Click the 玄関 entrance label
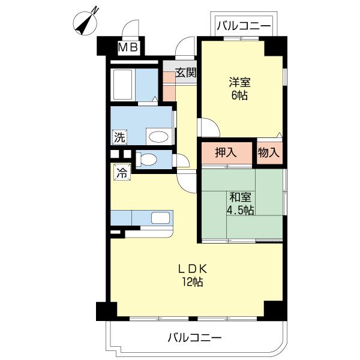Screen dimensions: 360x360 tap(186, 73)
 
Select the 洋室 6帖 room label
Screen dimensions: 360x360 tap(239, 88)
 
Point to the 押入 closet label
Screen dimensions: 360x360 tap(226, 153)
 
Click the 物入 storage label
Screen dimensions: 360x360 tap(269, 153)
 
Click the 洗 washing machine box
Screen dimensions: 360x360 tap(120, 137)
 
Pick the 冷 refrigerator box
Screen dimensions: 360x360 tap(121, 173)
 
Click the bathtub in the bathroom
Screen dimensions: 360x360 tap(122, 83)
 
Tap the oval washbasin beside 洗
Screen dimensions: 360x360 tap(158, 137)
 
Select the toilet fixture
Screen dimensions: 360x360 tap(147, 160)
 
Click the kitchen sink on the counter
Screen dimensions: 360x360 tap(160, 217)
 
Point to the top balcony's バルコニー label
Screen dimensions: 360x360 tap(244, 26)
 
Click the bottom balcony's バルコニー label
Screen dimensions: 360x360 tap(195, 338)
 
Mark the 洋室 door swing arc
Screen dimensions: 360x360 tap(208, 127)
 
